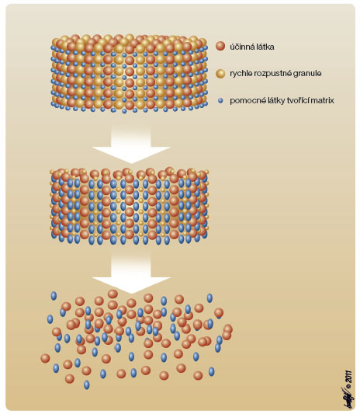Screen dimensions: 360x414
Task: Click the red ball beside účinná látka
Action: coord(220,47)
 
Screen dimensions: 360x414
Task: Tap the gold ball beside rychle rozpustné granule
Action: coord(220,73)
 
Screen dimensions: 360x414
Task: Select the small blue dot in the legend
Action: coord(220,101)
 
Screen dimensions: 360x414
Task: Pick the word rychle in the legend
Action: coord(241,73)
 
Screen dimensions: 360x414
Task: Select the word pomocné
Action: coord(244,101)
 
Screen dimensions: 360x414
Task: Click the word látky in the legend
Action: coord(268,101)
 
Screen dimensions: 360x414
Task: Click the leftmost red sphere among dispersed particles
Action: coord(45,358)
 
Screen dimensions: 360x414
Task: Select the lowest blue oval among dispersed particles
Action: coord(86,385)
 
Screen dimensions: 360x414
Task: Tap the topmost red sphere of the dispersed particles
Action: coord(112,294)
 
